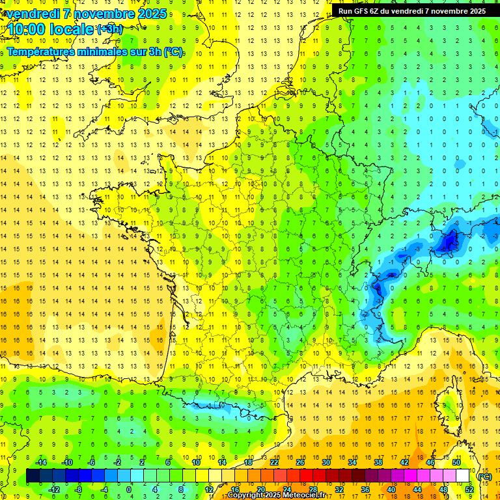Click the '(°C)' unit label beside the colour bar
484,477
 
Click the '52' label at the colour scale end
469,490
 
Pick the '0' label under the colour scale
129,490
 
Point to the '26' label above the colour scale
300,462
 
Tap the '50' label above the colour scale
456,462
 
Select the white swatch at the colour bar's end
463,476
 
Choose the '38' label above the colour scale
378,462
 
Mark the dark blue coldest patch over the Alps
449,242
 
